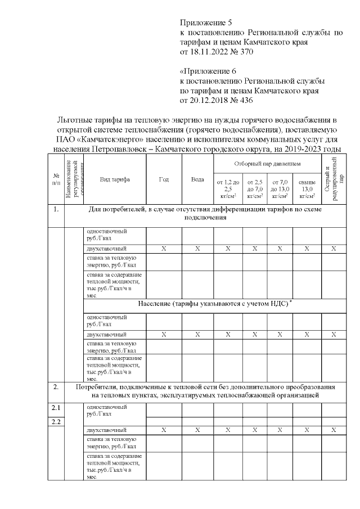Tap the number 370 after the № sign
(x=246, y=52)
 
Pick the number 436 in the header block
(x=246, y=101)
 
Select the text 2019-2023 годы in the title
(x=314, y=148)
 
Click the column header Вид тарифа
(x=115, y=179)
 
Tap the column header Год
(x=164, y=179)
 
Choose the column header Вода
(x=197, y=179)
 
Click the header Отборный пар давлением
(x=267, y=163)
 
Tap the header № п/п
(x=56, y=179)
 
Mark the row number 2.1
(x=56, y=408)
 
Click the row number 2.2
(x=56, y=422)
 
